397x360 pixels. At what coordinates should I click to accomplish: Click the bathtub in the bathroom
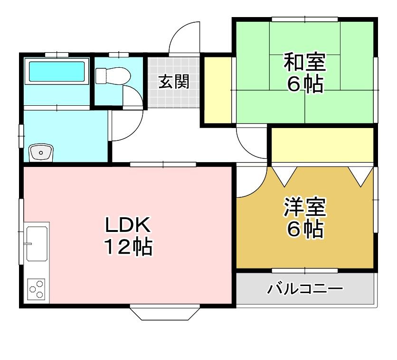click(x=57, y=72)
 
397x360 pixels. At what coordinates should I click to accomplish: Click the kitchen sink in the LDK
click(x=37, y=243)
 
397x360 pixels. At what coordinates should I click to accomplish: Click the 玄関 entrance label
click(x=174, y=82)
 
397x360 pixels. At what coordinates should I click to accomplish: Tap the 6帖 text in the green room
click(x=304, y=84)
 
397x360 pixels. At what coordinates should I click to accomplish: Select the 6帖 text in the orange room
click(x=304, y=230)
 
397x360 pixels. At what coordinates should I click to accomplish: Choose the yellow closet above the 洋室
click(x=321, y=145)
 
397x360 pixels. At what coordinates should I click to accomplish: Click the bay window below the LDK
click(x=164, y=313)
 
